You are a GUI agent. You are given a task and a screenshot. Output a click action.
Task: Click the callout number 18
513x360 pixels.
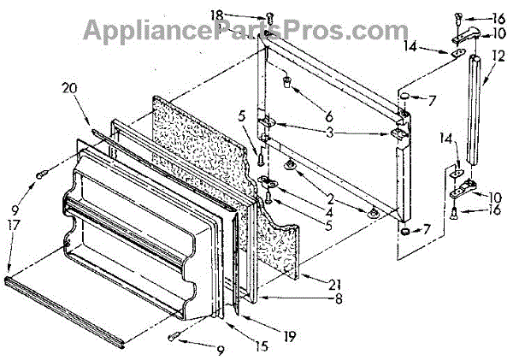tap(242, 15)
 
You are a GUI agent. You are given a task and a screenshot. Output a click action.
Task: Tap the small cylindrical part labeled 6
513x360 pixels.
tap(288, 84)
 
